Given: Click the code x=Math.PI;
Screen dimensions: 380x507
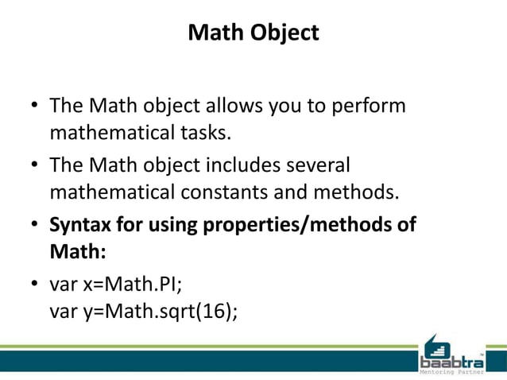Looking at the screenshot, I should (x=126, y=285).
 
